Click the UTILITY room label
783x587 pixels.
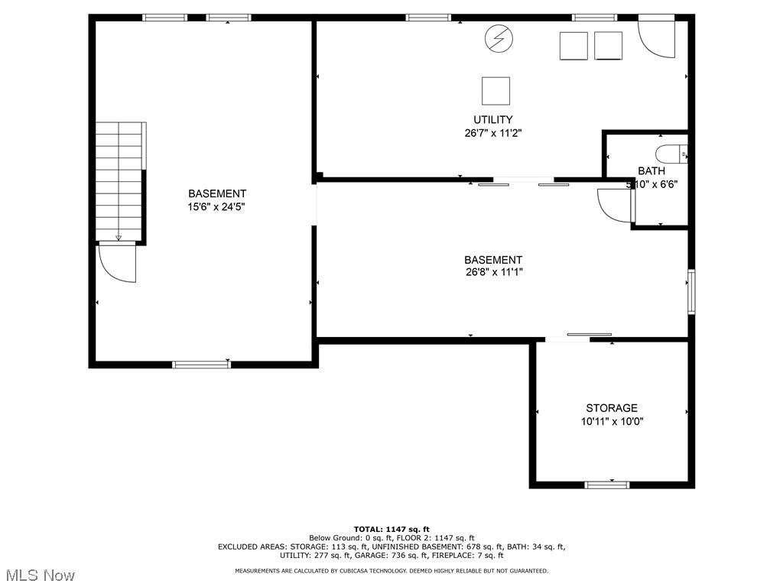pyautogui.click(x=492, y=119)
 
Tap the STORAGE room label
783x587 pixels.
pyautogui.click(x=611, y=408)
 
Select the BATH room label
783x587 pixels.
pyautogui.click(x=651, y=171)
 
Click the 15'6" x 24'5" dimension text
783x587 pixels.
pyautogui.click(x=217, y=206)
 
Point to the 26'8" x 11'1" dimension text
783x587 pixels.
pyautogui.click(x=493, y=272)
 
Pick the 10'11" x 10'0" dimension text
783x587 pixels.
pyautogui.click(x=612, y=421)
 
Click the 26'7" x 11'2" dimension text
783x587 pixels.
pyautogui.click(x=492, y=132)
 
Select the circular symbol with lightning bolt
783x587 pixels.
pyautogui.click(x=499, y=39)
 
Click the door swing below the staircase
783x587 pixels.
pyautogui.click(x=117, y=264)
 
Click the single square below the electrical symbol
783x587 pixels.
pyautogui.click(x=495, y=91)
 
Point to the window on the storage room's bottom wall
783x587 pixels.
pyautogui.click(x=607, y=485)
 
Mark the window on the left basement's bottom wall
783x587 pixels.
pyautogui.click(x=202, y=365)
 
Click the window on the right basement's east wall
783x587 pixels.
pyautogui.click(x=691, y=291)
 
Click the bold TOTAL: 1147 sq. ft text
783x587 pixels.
pyautogui.click(x=391, y=529)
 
